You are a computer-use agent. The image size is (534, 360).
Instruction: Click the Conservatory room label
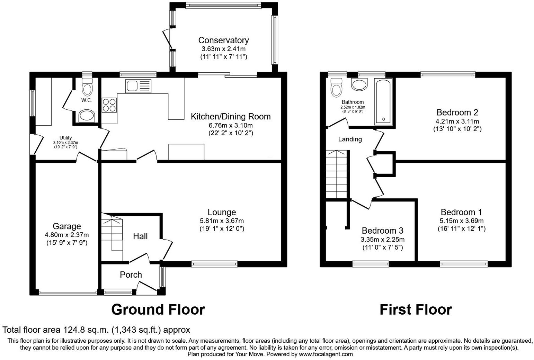tap(223, 40)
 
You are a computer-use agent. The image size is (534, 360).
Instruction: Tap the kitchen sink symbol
tap(138, 86)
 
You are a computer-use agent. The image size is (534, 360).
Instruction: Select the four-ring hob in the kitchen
tap(109, 105)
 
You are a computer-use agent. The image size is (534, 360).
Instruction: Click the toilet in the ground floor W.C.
tap(87, 87)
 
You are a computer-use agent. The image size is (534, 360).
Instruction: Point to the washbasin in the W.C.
tap(87, 116)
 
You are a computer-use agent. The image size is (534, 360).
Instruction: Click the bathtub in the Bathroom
tap(383, 101)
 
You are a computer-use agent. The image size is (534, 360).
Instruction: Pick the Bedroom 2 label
tap(457, 112)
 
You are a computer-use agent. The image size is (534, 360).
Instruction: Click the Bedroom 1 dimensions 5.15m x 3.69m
tap(461, 221)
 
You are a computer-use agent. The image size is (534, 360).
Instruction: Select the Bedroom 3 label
tap(382, 231)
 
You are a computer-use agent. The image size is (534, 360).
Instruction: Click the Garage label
tap(67, 226)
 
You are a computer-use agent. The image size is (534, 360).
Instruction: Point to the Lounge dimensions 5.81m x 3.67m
tap(222, 221)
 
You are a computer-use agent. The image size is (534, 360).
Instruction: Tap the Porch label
tap(131, 275)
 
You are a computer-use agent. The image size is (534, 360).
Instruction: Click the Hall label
tap(140, 236)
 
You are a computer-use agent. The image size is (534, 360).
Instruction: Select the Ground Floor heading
tap(158, 309)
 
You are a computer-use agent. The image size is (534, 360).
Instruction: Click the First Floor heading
tap(416, 309)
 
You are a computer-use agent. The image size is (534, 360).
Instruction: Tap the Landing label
tap(350, 139)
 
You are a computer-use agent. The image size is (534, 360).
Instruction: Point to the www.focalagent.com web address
tap(326, 354)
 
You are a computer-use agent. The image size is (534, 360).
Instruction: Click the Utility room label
tap(65, 138)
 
